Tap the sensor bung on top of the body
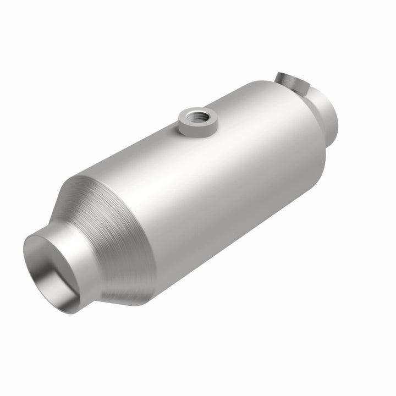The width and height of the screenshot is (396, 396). point(197,122)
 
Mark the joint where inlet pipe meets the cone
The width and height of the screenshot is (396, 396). point(91,242)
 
